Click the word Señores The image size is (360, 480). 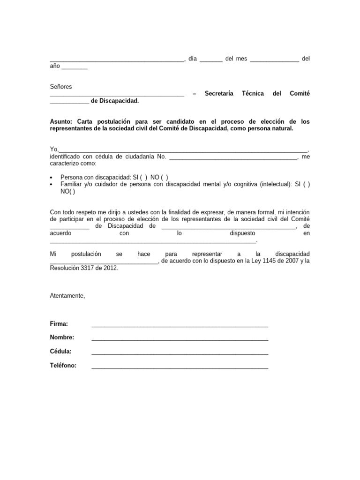coord(61,87)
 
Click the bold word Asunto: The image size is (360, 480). coord(62,121)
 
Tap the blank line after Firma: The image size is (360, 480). coord(180,325)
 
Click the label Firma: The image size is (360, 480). coord(59,324)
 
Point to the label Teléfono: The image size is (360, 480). coord(63,366)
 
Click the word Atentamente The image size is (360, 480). coord(67,296)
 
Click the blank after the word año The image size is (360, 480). coord(75,67)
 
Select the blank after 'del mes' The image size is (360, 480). coord(274,60)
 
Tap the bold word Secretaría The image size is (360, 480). coord(219,94)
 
